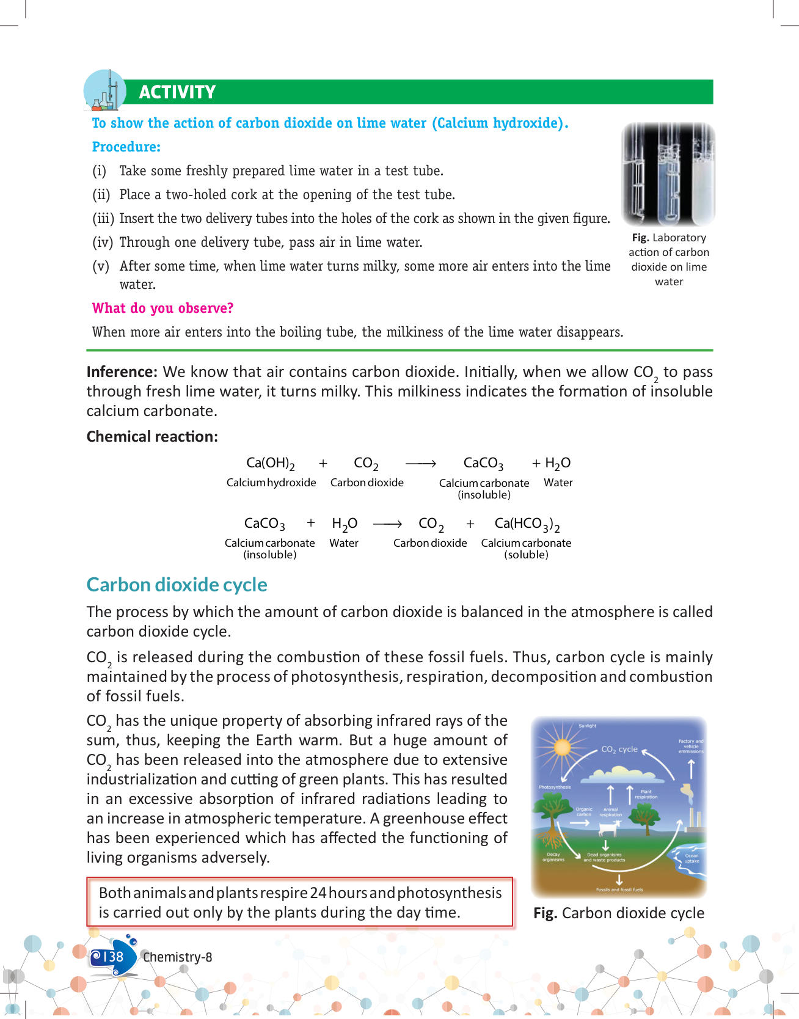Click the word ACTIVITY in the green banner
tap(177, 92)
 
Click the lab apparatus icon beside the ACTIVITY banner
tap(104, 91)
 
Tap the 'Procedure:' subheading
tap(126, 147)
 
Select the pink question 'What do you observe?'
tap(162, 308)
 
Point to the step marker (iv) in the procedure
tap(103, 243)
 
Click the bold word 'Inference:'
tap(122, 372)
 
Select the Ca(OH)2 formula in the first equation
tap(271, 464)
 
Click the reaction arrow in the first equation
tap(420, 464)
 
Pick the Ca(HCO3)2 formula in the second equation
tap(527, 524)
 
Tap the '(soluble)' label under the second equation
tap(526, 555)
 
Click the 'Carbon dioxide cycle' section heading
tap(177, 585)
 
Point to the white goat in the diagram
tap(609, 828)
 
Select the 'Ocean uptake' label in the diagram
tap(691, 858)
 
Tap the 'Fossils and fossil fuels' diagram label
tap(619, 889)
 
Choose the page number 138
tap(113, 957)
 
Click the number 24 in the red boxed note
tap(318, 893)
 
